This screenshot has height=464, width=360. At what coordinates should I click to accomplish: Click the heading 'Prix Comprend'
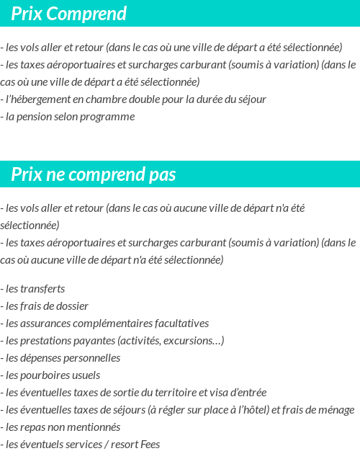[69, 14]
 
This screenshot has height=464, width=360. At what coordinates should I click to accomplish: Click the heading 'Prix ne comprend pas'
[94, 175]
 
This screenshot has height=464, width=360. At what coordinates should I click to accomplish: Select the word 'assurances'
[45, 324]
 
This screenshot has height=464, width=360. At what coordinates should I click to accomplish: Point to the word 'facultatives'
[181, 324]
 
